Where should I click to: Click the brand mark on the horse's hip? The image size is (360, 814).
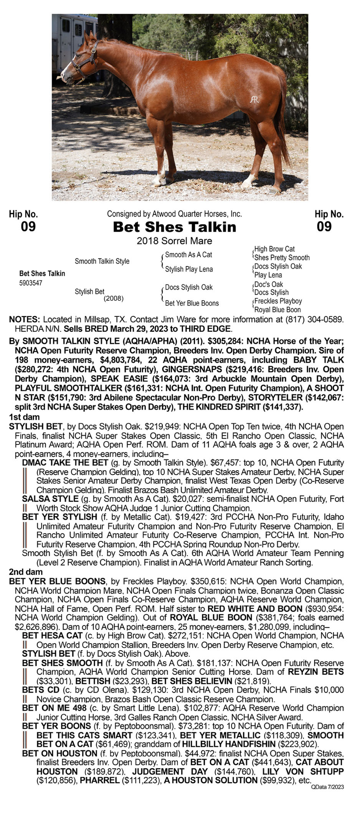point(254,99)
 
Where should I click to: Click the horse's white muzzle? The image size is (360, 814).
point(66,76)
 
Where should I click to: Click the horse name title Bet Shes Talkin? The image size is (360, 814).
point(175,227)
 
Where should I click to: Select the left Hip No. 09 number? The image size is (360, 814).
point(28,227)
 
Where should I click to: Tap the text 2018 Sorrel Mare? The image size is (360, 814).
point(175,241)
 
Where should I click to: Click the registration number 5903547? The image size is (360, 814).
point(31,283)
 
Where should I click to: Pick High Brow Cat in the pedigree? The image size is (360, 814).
point(274,249)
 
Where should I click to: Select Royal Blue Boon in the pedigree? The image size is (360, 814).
point(277,310)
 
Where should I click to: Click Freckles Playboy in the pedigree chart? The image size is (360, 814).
point(278,301)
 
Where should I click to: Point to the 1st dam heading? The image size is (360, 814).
point(24,417)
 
